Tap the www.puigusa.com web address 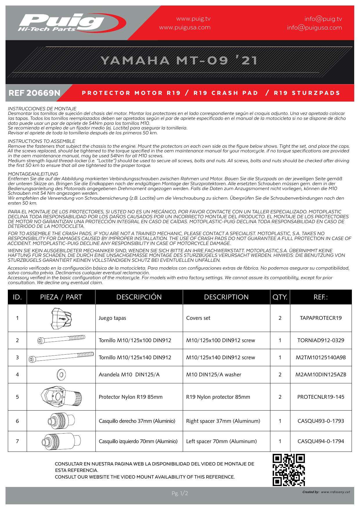tap(185, 28)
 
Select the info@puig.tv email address tap(323, 19)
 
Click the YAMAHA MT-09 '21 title tap(179, 60)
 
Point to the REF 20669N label tap(35, 93)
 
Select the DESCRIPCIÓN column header tap(139, 297)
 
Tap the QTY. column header tap(280, 297)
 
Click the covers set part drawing tap(61, 318)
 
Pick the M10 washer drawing tap(61, 375)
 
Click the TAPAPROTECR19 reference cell tap(321, 318)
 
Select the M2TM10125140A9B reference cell tap(321, 358)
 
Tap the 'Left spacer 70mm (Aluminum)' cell tap(222, 441)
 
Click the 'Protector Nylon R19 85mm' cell tap(131, 397)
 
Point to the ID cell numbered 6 tap(17, 421)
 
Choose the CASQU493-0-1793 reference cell tap(321, 421)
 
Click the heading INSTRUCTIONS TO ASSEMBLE tap(41, 141)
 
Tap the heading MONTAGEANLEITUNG tap(33, 174)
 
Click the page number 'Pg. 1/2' tap(180, 493)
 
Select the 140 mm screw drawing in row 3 tap(61, 357)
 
